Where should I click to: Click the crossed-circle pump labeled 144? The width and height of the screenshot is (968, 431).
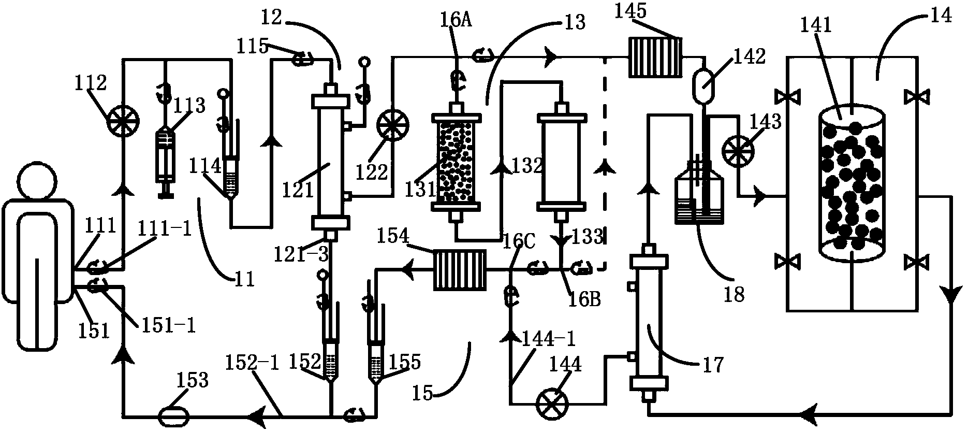551,404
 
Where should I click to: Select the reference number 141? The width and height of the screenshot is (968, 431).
815,24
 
